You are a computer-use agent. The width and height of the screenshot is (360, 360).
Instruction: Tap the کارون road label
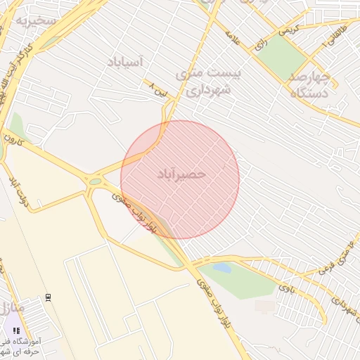(x=15, y=141)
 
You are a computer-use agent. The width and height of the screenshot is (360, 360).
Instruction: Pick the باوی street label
(x=285, y=286)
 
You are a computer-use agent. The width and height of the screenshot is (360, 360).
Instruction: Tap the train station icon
(x=48, y=297)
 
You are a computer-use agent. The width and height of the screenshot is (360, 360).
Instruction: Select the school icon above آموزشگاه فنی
(x=16, y=329)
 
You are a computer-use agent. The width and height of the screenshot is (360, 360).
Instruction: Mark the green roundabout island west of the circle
(x=95, y=181)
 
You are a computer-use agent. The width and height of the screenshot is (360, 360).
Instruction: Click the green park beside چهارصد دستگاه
(x=282, y=56)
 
